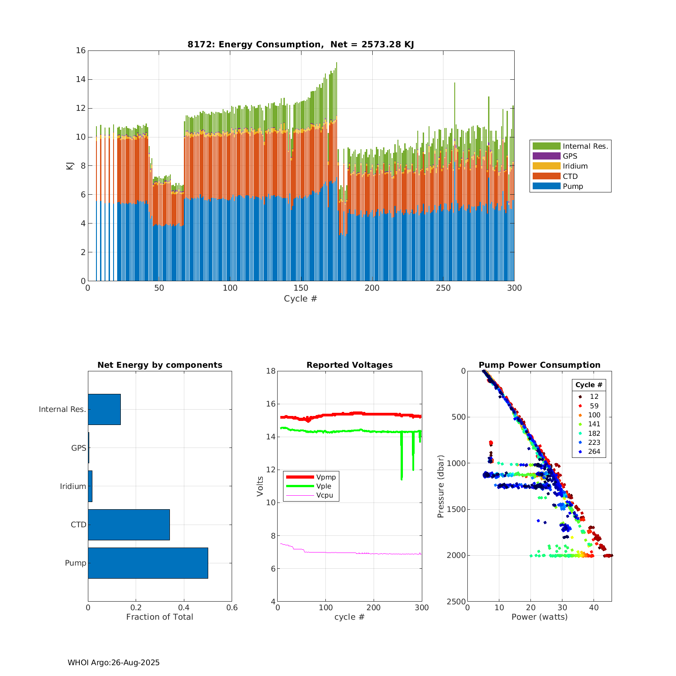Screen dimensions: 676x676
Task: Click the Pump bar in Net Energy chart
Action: click(x=148, y=563)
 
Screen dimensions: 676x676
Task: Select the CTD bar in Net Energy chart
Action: click(x=129, y=525)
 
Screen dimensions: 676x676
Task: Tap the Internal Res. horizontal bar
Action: click(x=104, y=409)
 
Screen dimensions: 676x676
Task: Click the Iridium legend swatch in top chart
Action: click(x=546, y=166)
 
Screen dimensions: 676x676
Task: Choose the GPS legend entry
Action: click(x=570, y=156)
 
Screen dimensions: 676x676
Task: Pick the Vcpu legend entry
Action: click(x=324, y=495)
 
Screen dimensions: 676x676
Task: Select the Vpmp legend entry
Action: click(x=326, y=477)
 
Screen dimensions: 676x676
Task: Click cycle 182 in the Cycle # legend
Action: click(x=594, y=433)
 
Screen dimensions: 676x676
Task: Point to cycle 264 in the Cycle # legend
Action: click(x=594, y=452)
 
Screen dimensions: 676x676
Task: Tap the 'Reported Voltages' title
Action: click(x=349, y=365)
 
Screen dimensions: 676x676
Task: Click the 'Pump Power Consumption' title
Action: click(x=539, y=365)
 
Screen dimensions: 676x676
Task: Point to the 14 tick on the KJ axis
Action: click(x=81, y=79)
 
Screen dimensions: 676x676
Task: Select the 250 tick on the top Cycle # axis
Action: click(x=443, y=288)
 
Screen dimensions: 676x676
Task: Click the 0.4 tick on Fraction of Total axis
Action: click(x=184, y=607)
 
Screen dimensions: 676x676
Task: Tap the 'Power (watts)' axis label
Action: click(x=539, y=617)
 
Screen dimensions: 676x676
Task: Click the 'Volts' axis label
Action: click(x=260, y=486)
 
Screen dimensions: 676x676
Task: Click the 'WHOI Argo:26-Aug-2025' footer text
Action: click(x=114, y=662)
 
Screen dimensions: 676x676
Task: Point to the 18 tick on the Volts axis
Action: click(x=271, y=371)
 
